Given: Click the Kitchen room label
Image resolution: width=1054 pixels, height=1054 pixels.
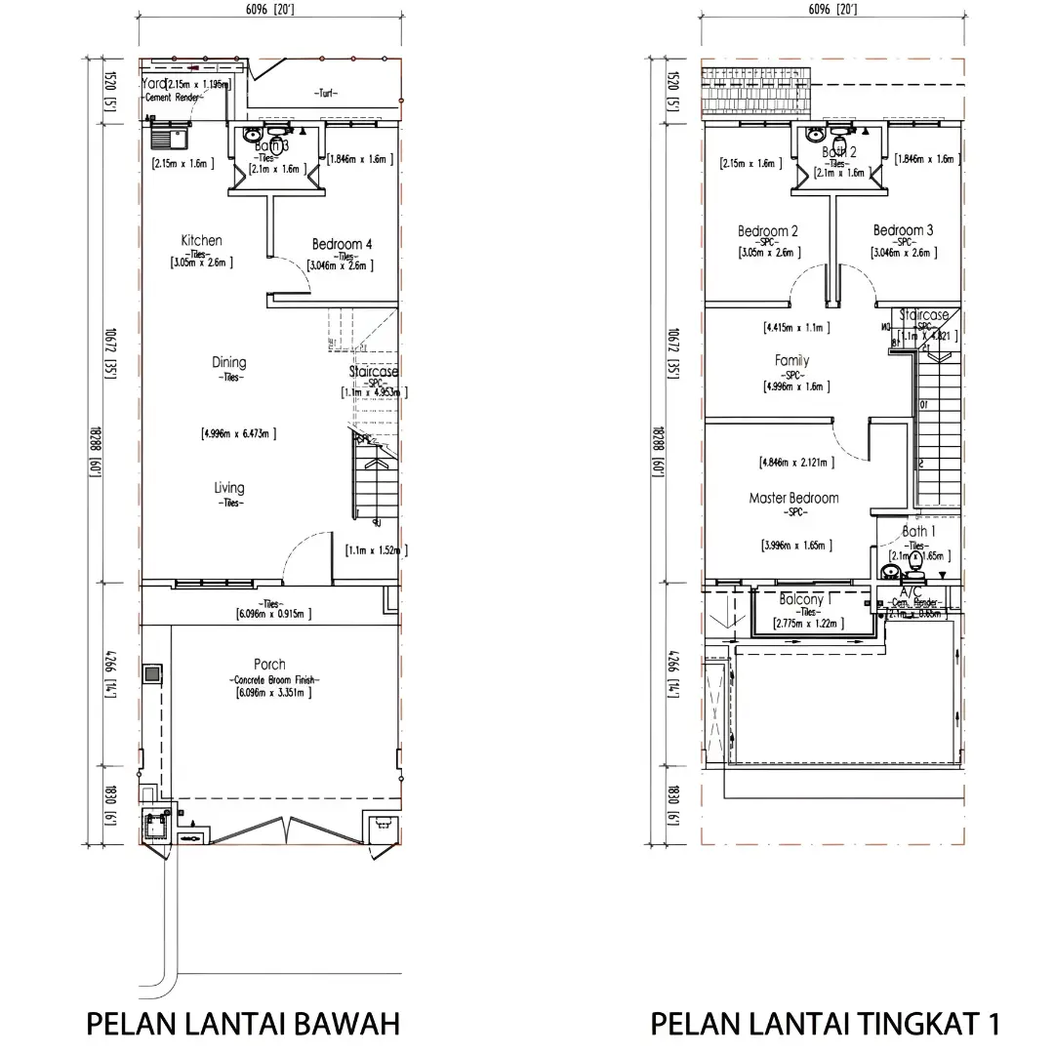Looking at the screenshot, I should tap(201, 240).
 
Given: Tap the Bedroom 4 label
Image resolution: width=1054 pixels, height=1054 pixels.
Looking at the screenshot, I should tap(342, 244).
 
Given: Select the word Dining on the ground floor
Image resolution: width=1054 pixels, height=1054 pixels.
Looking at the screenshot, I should tap(229, 363).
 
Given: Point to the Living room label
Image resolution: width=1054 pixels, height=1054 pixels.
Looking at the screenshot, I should tap(229, 488).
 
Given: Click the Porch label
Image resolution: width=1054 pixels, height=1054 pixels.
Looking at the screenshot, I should tap(269, 665).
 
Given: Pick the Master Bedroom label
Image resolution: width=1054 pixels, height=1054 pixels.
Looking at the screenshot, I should tap(793, 498).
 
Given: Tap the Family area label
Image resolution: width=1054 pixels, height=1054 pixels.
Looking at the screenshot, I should tap(791, 361).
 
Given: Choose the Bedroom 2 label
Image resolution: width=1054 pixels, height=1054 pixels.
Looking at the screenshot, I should tap(768, 231).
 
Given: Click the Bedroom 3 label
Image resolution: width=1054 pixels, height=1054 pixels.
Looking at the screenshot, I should tap(903, 230).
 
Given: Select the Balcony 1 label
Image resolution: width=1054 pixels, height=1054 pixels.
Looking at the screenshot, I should tap(805, 599).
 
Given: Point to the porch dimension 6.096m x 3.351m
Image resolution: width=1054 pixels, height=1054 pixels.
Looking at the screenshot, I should tap(272, 693).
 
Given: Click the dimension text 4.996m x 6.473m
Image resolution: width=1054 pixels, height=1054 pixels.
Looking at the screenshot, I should tap(239, 432).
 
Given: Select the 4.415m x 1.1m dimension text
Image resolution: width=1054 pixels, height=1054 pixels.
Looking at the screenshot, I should tap(796, 328).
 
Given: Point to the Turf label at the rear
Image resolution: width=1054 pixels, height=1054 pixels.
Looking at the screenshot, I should tap(325, 94).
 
